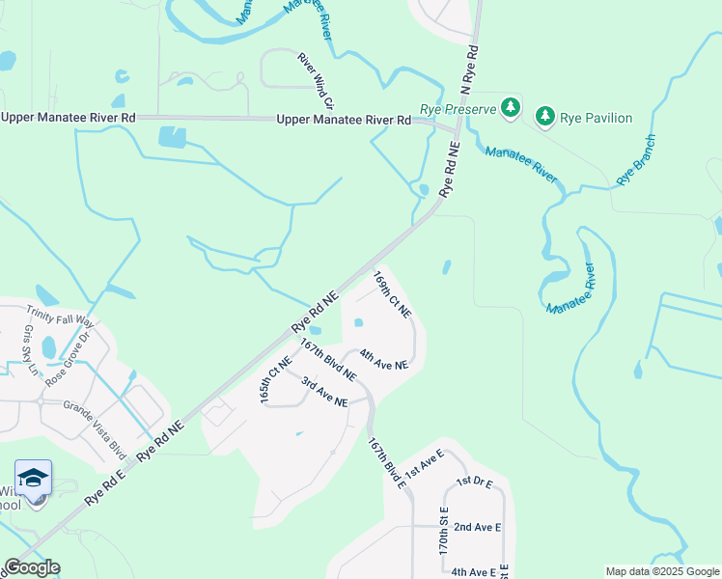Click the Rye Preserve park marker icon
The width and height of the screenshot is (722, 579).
click(511, 108)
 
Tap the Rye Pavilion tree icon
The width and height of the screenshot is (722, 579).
click(545, 117)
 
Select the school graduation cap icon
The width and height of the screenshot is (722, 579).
click(33, 479)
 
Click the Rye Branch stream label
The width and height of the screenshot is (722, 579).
click(636, 159)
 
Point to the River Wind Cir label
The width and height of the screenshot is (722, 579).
click(316, 80)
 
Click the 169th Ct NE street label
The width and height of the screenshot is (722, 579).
click(393, 294)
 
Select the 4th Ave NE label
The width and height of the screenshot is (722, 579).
click(384, 360)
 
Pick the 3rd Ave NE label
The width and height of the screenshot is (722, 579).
click(323, 392)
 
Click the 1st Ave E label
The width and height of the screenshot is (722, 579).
click(424, 464)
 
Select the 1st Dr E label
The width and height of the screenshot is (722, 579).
click(475, 481)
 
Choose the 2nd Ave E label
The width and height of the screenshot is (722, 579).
click(477, 527)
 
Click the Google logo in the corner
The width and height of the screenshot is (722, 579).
click(32, 567)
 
